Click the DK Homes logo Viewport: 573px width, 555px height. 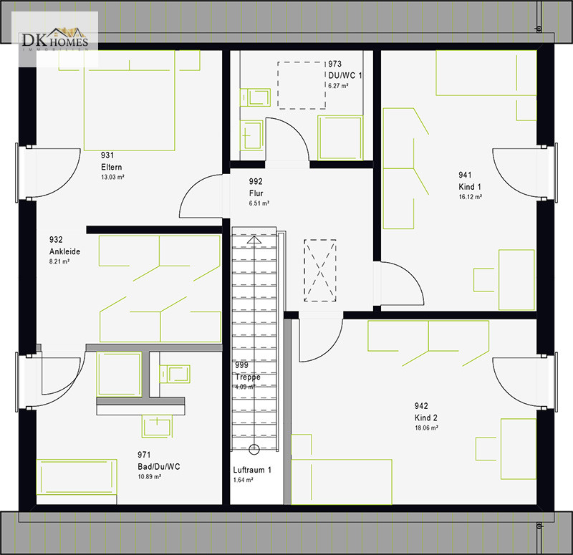pos(55,39)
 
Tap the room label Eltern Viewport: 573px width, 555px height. pos(112,167)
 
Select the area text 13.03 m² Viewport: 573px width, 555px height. pos(112,177)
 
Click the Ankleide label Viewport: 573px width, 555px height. pos(64,251)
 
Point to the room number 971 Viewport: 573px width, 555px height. pos(144,455)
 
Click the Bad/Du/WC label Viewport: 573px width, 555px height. pos(158,467)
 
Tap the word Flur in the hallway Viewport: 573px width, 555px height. pos(256,193)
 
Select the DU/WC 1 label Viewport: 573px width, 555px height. pos(345,76)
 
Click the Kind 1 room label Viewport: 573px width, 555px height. pos(470,187)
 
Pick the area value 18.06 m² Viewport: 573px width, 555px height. pos(426,428)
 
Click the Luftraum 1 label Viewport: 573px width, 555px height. pos(252,470)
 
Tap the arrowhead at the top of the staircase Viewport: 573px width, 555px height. pos(254,240)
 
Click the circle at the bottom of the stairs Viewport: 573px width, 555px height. pos(254,450)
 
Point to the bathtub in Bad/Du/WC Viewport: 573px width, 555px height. pos(77,477)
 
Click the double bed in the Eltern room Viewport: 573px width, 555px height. pos(130,100)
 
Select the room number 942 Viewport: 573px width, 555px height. pos(421,406)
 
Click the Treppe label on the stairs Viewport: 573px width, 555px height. pos(248,377)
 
